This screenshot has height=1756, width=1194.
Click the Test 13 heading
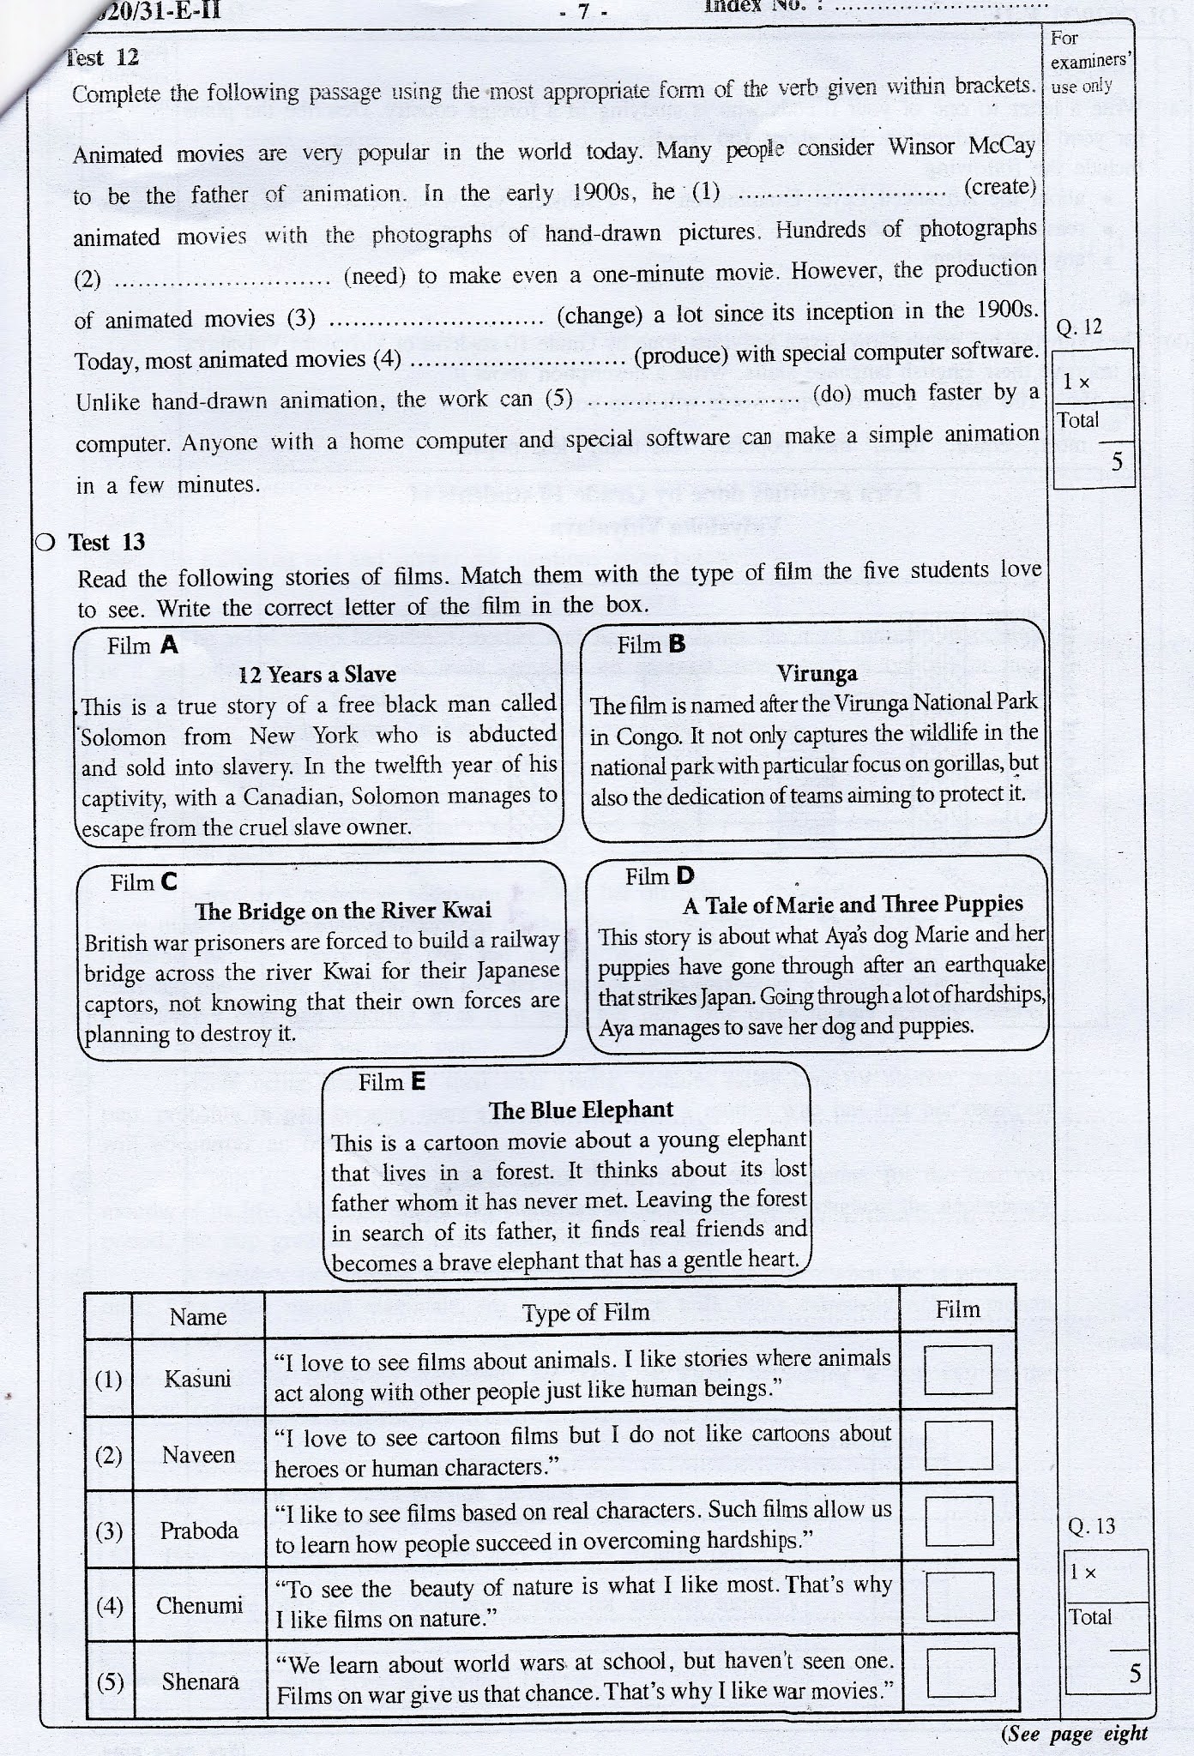[x=106, y=543]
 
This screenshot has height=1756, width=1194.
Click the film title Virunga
[x=816, y=674]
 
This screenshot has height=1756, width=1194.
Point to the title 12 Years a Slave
[x=317, y=675]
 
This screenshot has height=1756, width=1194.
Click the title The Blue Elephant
[x=581, y=1110]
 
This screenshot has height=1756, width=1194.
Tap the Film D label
[x=659, y=876]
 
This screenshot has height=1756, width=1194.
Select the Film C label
[x=143, y=882]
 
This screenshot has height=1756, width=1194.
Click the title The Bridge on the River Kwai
[x=343, y=911]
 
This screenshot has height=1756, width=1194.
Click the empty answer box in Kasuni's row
[x=958, y=1370]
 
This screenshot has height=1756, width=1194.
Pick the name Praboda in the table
[x=199, y=1530]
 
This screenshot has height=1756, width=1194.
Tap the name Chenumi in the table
[x=199, y=1605]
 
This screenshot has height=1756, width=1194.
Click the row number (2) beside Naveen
[x=108, y=1456]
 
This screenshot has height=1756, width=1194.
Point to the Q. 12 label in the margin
[x=1079, y=328]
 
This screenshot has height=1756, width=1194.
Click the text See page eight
[x=1074, y=1734]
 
